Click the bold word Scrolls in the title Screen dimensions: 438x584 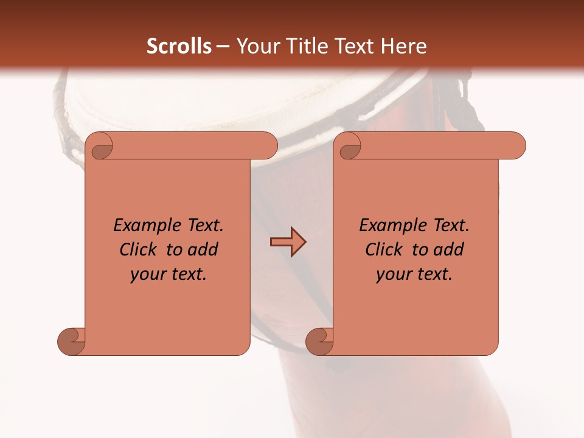click(x=179, y=46)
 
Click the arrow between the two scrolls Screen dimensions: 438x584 click(x=288, y=242)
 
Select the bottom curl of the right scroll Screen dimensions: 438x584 click(x=319, y=341)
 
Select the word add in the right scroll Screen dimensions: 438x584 click(x=449, y=249)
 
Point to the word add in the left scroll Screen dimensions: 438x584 click(x=203, y=249)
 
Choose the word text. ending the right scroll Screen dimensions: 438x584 click(x=433, y=274)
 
